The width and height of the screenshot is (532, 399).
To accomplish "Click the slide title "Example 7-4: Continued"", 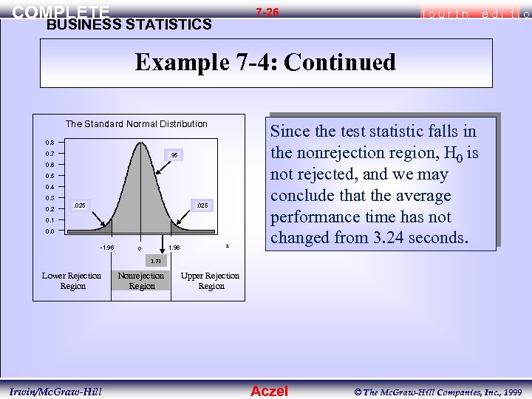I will (265, 62).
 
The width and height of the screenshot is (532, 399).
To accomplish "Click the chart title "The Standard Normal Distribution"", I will (137, 124).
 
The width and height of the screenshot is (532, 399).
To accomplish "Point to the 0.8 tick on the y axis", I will (50, 143).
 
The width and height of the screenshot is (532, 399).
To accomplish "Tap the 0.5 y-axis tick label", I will (50, 176).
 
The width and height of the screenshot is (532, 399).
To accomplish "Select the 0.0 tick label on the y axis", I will (50, 231).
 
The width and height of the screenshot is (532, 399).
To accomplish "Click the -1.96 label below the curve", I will (106, 247).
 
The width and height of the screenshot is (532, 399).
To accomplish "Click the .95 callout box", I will (174, 156).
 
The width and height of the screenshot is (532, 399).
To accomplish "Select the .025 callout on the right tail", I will (199, 204).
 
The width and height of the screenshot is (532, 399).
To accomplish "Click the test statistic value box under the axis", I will (156, 260).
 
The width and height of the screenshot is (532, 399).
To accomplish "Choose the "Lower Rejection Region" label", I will (72, 281).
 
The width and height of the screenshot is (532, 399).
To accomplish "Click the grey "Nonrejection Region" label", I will (141, 281).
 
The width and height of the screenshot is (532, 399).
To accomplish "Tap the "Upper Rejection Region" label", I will (211, 281).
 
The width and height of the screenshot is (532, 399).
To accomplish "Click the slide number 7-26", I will (267, 13).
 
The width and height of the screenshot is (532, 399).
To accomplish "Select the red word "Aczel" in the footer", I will (270, 391).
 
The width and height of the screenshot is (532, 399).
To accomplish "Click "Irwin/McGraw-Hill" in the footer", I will (56, 391).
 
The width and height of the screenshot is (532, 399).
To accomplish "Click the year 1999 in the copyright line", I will (511, 391).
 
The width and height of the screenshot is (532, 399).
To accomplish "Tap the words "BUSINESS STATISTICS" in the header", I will (129, 24).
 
